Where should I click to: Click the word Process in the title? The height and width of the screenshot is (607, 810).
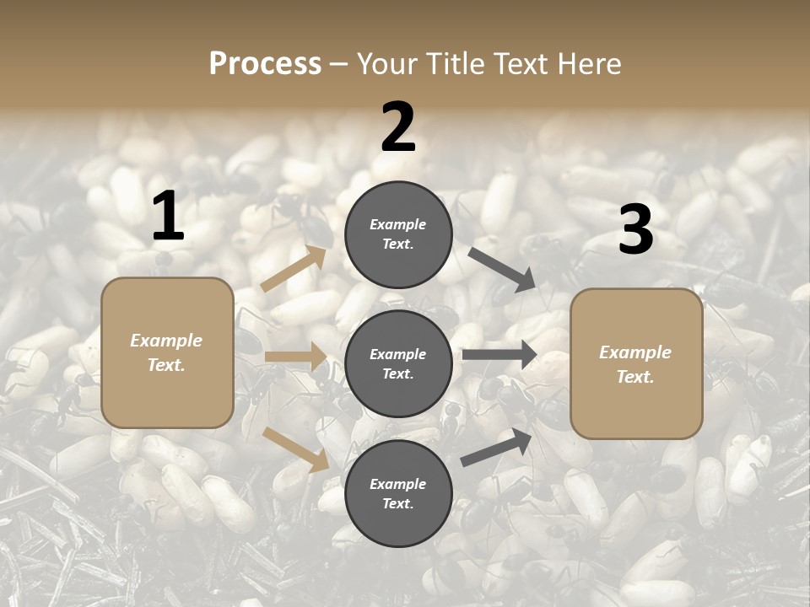point(265,63)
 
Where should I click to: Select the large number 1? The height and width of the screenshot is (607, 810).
point(167,217)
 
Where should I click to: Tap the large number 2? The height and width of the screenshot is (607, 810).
point(398,127)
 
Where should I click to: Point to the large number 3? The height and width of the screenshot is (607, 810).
point(635,230)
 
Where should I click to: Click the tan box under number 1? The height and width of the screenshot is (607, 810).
point(167,352)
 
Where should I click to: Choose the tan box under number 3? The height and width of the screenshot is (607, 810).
point(636,363)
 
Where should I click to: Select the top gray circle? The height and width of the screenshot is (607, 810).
point(398,234)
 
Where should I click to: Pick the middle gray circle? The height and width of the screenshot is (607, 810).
point(398,363)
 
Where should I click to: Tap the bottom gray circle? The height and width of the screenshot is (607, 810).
point(398,493)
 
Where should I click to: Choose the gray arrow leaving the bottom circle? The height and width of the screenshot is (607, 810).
point(497,448)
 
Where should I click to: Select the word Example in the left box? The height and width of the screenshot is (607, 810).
point(166,341)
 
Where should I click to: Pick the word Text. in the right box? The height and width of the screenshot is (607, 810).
point(635,377)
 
